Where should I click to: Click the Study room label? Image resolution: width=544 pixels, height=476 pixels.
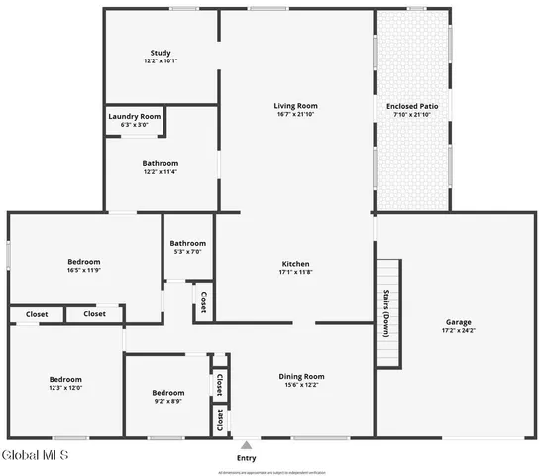(161, 53)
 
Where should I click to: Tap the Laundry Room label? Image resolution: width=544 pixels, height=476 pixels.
(134, 116)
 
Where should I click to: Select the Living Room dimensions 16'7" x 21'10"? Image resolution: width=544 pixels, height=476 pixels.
(295, 115)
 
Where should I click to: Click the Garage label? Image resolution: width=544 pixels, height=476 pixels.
(458, 322)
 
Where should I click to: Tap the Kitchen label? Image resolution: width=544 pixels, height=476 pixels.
(295, 263)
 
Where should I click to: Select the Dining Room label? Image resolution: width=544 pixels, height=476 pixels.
(301, 376)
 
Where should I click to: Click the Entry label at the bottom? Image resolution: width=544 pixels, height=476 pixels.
(246, 458)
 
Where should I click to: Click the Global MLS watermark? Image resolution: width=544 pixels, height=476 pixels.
(35, 456)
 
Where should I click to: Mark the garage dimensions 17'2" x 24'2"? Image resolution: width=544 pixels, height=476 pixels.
(458, 331)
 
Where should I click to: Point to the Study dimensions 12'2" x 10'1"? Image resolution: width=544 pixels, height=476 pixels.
(161, 61)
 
